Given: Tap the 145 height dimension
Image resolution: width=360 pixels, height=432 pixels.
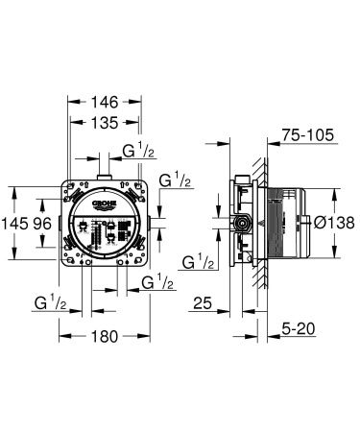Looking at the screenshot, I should pos(13,222).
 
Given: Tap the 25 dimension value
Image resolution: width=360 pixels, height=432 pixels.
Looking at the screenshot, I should pos(201,305).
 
